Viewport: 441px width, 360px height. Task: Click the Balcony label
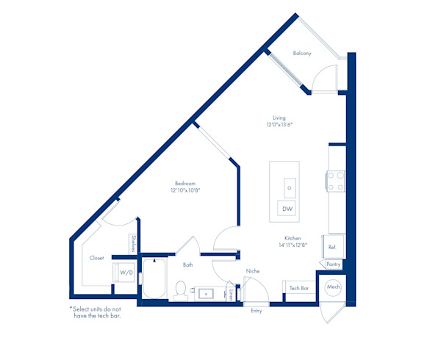(302, 53)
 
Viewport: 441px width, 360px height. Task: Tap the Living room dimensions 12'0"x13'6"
(279, 124)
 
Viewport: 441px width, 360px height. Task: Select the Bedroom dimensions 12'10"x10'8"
(185, 190)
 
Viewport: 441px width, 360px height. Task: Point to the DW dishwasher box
(287, 209)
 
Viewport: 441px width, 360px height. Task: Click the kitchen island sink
(290, 188)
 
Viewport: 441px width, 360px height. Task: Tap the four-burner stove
(336, 181)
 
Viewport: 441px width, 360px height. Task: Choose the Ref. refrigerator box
(334, 247)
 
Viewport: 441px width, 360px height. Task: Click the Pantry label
(334, 264)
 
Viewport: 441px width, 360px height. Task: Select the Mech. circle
(334, 287)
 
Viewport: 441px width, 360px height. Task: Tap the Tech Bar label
(299, 288)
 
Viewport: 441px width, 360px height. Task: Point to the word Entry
(257, 311)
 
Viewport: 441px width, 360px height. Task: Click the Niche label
(253, 271)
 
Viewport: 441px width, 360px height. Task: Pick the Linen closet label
(231, 295)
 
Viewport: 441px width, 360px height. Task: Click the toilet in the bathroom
(180, 291)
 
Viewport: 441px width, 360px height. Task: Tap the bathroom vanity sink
(206, 294)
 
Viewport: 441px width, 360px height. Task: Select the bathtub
(154, 278)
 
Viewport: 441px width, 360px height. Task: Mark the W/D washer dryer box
(123, 273)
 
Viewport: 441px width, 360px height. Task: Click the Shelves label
(134, 244)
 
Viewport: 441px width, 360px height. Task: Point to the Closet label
(97, 258)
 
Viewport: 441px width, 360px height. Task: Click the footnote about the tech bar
(96, 312)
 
